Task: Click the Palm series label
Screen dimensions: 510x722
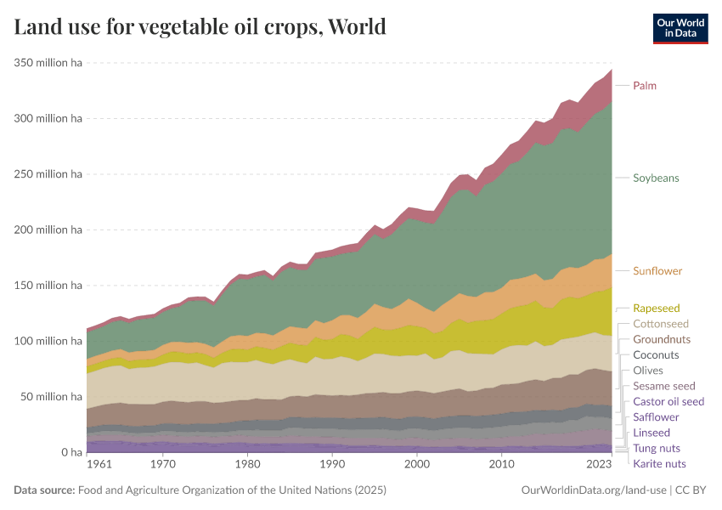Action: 644,86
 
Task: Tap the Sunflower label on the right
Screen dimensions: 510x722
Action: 657,271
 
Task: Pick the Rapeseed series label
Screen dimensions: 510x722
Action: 656,309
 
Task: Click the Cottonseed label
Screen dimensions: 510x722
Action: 661,324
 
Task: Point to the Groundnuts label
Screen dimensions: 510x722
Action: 662,340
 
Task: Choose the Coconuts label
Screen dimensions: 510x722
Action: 656,355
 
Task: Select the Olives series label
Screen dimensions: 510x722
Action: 648,371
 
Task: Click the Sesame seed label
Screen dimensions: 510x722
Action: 664,386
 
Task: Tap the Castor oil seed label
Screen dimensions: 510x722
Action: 668,401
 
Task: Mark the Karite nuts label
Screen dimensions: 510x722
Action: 659,464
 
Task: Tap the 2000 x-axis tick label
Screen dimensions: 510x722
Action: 416,465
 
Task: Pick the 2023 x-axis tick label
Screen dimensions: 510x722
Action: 599,465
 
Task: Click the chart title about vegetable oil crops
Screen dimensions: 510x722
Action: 200,27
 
